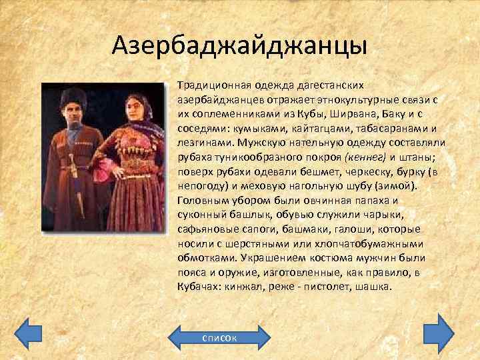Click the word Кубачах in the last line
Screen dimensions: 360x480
(x=197, y=289)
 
